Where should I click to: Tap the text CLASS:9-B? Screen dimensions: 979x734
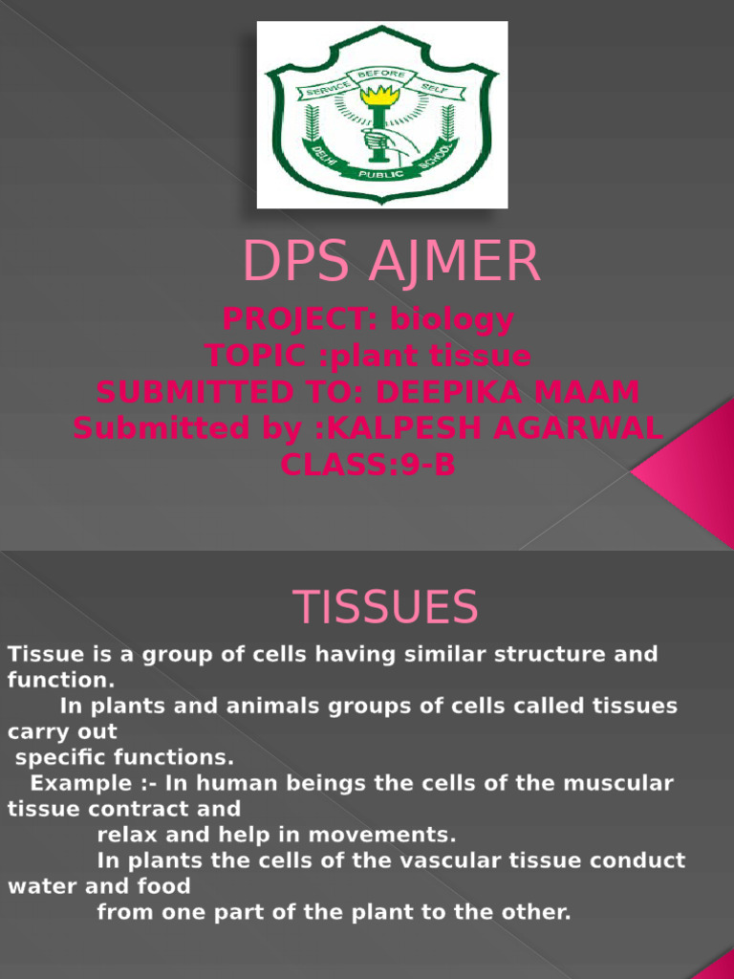pos(368,465)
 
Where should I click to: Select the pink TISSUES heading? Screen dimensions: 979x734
pos(384,607)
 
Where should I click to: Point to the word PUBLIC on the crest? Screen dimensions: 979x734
pos(381,175)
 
